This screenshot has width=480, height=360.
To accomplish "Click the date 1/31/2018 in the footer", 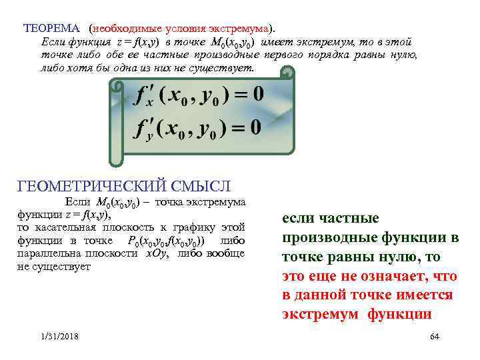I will coord(59,337).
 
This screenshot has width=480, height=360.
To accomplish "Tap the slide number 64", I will coord(435,337).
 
